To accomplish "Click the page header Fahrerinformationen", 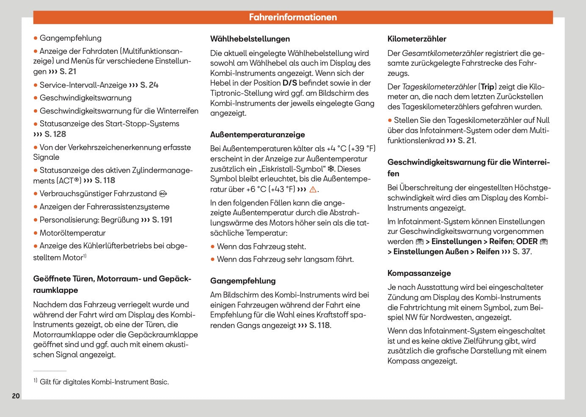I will coord(293,17).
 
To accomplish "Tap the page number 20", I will coord(16,396).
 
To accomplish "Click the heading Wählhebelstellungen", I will coord(250,39).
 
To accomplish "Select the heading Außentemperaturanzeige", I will coord(257,135).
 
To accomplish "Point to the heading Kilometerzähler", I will coord(417,39).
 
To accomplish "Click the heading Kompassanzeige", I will coord(419,273).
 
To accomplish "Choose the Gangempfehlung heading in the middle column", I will coord(243,281).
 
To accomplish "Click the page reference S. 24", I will coord(149,85).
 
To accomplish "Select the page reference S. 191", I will coord(162,220).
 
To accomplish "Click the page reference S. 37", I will coord(521,252).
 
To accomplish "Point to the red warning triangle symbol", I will coord(313,189).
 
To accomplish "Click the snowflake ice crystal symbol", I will coord(331,169).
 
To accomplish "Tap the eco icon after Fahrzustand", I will coord(163,194).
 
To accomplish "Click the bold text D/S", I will coord(290,83).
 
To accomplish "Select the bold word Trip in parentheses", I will coord(487,87).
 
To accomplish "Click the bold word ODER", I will coord(527,242).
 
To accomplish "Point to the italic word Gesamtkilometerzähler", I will coord(443,53).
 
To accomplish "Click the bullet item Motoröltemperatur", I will coord(72,233).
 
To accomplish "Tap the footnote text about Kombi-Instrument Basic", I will coord(104,382).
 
